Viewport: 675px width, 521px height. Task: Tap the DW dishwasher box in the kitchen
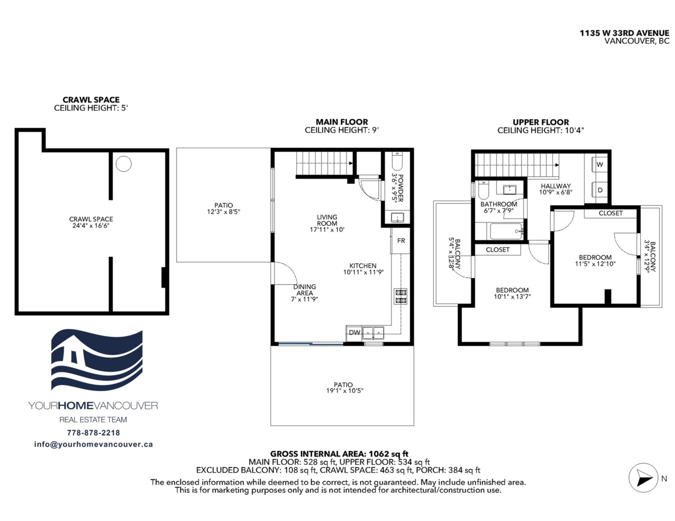pos(354,333)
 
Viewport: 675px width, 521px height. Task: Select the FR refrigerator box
pos(400,241)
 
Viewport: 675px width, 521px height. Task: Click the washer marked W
pos(600,165)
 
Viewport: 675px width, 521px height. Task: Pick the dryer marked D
pos(600,190)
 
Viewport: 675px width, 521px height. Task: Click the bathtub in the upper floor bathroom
pos(506,231)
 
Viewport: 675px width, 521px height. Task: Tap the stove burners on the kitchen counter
pos(400,296)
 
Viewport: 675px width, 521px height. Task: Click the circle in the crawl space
pos(124,164)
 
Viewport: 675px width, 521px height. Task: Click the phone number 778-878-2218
pos(93,433)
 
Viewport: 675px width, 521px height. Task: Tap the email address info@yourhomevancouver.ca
pos(93,445)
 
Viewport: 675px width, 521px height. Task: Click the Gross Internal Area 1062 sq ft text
pos(339,454)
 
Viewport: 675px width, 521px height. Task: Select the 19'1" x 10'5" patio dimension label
pos(344,391)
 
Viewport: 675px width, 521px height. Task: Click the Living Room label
pos(327,220)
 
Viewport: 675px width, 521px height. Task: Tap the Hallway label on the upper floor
pos(556,186)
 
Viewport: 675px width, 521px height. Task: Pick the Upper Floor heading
pos(541,123)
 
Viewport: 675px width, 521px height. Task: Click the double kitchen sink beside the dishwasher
pos(373,333)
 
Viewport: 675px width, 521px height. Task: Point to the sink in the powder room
pos(397,217)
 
